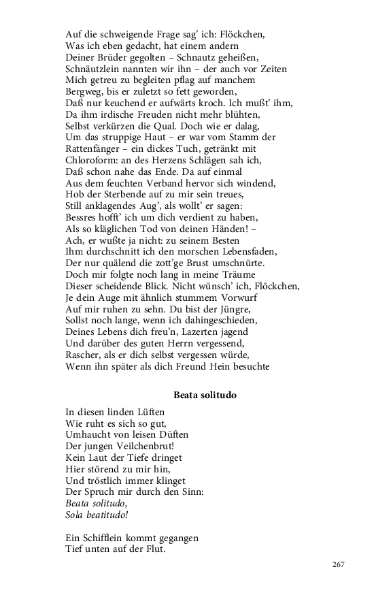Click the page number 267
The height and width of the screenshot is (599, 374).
[x=339, y=564]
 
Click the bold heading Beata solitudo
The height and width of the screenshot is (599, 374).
[x=205, y=394]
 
